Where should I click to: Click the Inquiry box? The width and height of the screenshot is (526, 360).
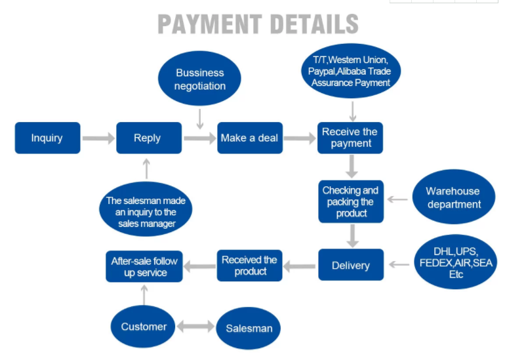pyautogui.click(x=48, y=138)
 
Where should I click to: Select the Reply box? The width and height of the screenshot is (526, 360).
pyautogui.click(x=149, y=138)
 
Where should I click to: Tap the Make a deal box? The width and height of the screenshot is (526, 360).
pyautogui.click(x=250, y=138)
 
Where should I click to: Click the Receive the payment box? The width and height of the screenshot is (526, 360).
pyautogui.click(x=350, y=138)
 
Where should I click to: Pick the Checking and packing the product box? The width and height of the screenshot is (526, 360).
pyautogui.click(x=351, y=201)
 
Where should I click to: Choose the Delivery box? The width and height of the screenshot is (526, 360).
pyautogui.click(x=351, y=265)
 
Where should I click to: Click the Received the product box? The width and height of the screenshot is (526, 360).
pyautogui.click(x=250, y=266)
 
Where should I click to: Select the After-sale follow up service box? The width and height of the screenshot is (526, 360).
pyautogui.click(x=144, y=266)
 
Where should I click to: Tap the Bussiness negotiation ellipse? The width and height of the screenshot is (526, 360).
pyautogui.click(x=199, y=78)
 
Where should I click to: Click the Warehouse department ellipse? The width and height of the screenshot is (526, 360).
pyautogui.click(x=454, y=197)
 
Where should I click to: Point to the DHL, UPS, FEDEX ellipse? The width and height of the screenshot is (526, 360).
pyautogui.click(x=456, y=262)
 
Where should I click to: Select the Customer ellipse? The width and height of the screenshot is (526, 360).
pyautogui.click(x=143, y=327)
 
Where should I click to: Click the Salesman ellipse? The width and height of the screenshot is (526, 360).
pyautogui.click(x=248, y=328)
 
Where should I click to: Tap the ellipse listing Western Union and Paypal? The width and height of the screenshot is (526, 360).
pyautogui.click(x=351, y=71)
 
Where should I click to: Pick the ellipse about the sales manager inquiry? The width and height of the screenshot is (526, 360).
pyautogui.click(x=146, y=209)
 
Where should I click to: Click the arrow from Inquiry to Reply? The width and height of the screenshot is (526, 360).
pyautogui.click(x=98, y=138)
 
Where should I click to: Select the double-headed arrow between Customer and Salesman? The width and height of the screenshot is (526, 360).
pyautogui.click(x=195, y=326)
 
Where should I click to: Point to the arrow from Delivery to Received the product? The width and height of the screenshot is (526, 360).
pyautogui.click(x=299, y=266)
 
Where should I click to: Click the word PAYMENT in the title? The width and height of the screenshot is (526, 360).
pyautogui.click(x=210, y=24)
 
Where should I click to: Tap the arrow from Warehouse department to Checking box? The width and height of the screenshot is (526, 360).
pyautogui.click(x=397, y=199)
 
